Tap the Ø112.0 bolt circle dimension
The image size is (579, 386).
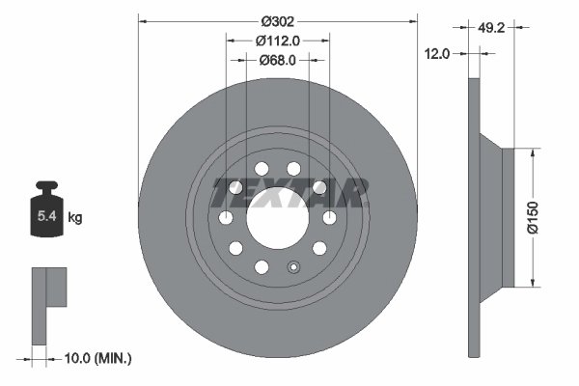[278, 40]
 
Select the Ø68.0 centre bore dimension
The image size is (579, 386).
[278, 60]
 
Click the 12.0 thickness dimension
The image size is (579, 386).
[438, 54]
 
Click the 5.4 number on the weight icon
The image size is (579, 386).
[46, 218]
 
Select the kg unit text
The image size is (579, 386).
[75, 218]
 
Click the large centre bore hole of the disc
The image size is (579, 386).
[278, 217]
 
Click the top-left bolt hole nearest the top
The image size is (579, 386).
[262, 168]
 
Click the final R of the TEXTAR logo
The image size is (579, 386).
[354, 192]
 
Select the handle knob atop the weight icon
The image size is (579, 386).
[46, 185]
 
